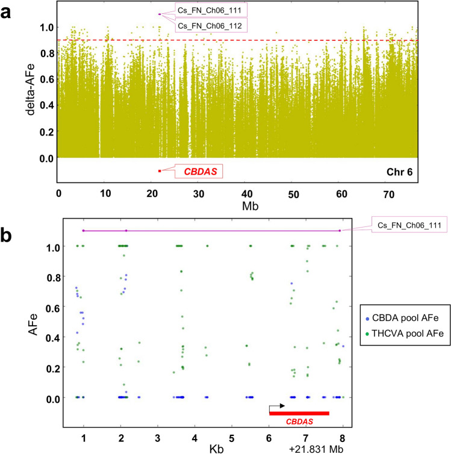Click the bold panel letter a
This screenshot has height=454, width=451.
[8, 10]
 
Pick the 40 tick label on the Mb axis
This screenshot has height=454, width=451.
[247, 194]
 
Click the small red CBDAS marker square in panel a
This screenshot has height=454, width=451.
[160, 171]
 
